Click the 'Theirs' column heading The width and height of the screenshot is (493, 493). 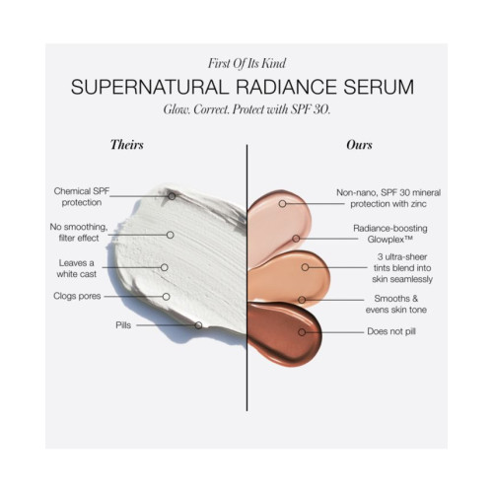tap(127, 145)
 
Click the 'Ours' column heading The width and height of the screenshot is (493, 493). tap(359, 145)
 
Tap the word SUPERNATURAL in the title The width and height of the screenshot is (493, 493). tap(150, 87)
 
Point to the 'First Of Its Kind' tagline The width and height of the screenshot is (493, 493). tap(246, 63)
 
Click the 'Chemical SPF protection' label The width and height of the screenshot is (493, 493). tap(82, 196)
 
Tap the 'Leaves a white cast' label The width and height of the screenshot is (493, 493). tap(76, 268)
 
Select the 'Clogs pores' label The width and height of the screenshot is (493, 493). tap(77, 296)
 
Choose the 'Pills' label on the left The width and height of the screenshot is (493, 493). tap(123, 325)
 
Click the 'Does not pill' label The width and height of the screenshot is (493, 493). tap(391, 331)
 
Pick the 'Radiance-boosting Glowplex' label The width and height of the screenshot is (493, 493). tap(390, 234)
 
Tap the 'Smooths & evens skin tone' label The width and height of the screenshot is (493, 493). tap(396, 304)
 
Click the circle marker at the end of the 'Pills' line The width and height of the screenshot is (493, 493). tap(198, 325)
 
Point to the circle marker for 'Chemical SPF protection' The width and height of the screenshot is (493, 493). tap(172, 196)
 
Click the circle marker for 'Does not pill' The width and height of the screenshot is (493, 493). tap(302, 332)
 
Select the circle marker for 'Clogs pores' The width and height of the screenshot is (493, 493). tap(166, 297)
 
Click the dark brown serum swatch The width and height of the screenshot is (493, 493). tap(283, 333)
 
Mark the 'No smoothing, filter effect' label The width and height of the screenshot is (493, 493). tap(79, 233)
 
